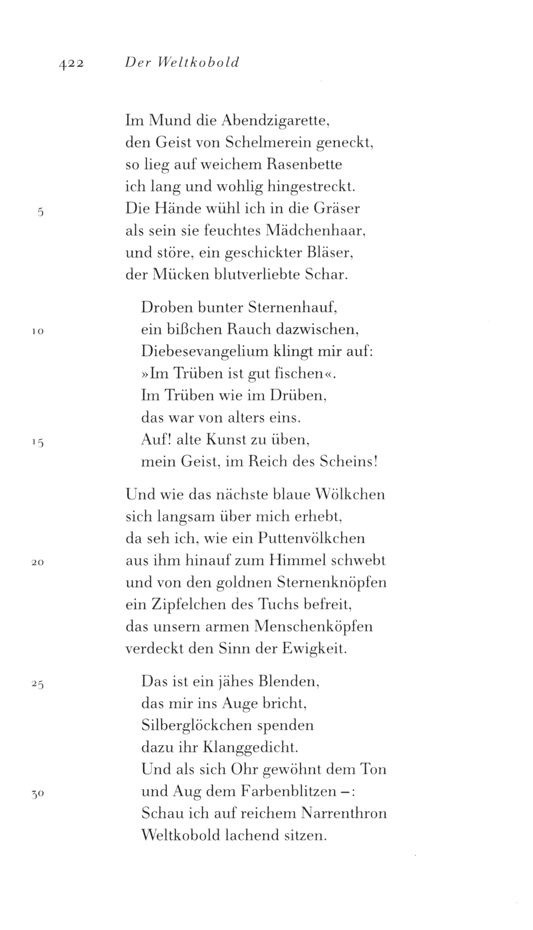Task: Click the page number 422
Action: coord(71,63)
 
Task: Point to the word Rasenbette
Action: coord(300,165)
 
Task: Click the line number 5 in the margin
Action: coord(40,213)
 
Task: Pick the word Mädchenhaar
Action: coord(317,230)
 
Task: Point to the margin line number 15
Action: coord(38,443)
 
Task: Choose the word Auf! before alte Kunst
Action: coord(156,439)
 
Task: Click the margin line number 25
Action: coord(38,684)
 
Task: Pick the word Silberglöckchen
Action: coord(196,726)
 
